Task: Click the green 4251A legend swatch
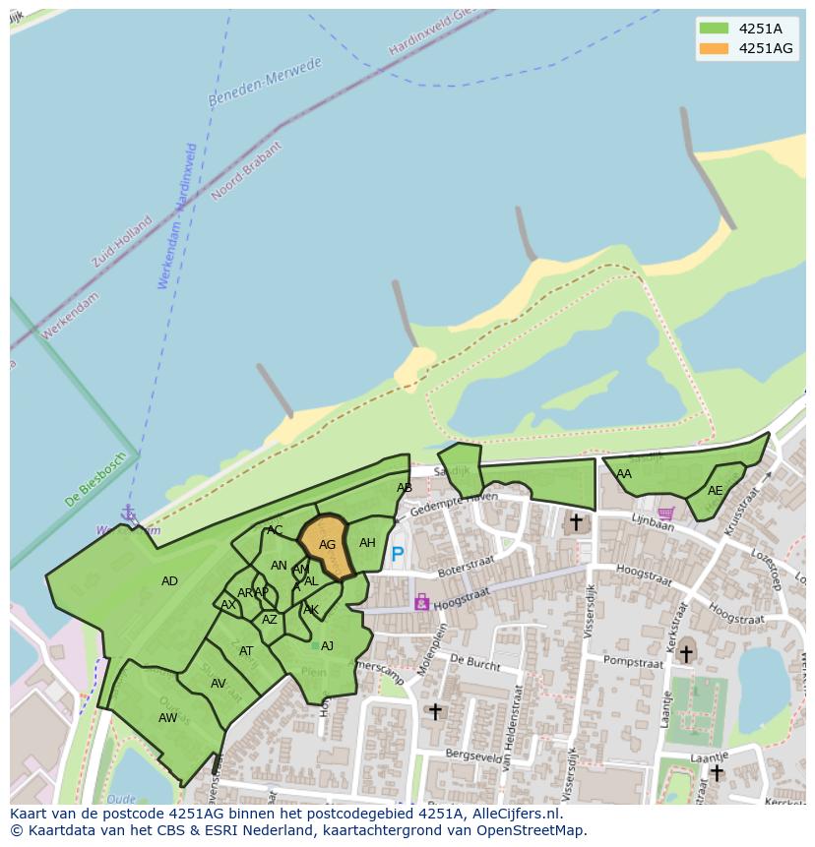click(714, 29)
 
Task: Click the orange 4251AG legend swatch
click(714, 49)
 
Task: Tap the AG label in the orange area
click(328, 545)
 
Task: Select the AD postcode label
click(169, 581)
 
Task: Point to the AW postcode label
click(167, 718)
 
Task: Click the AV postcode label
click(219, 684)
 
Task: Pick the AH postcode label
click(367, 543)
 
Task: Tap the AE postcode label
click(715, 491)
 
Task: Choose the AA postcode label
click(624, 474)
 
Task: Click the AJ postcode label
click(327, 646)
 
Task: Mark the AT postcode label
click(246, 651)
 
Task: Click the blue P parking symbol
click(398, 555)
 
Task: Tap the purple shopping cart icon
click(666, 513)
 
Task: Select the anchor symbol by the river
click(128, 513)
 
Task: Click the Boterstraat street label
click(464, 570)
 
